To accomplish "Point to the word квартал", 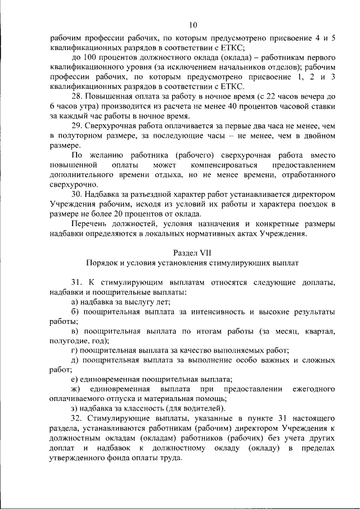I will [320, 331].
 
